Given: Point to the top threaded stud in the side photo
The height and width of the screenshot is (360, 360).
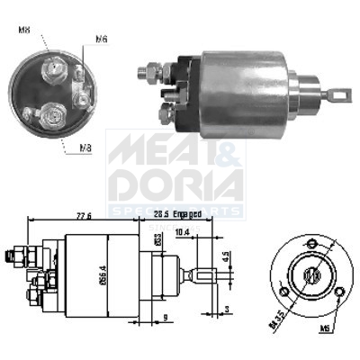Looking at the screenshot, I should (147, 70).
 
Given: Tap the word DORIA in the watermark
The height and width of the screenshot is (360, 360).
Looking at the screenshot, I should (175, 184).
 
